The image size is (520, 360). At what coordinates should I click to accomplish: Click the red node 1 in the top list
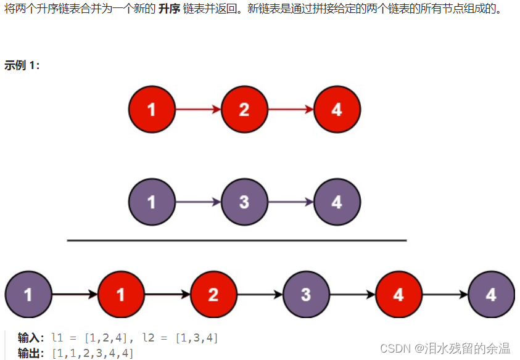152,110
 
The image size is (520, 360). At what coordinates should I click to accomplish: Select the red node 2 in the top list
244,110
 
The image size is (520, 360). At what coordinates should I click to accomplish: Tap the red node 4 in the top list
337,110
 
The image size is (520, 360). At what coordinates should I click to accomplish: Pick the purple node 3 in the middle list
244,202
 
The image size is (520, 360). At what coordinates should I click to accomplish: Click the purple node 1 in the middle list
152,202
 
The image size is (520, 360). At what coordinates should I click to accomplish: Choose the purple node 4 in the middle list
337,202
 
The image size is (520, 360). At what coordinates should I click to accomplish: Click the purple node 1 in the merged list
28,294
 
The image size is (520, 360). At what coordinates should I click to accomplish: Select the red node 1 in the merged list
121,294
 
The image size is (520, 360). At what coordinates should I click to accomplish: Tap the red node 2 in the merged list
213,294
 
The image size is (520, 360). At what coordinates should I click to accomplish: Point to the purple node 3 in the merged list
306,294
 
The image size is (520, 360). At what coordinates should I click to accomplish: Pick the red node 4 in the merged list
398,294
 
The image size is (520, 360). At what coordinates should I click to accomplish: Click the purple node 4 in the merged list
491,294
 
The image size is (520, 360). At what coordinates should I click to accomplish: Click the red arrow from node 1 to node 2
198,110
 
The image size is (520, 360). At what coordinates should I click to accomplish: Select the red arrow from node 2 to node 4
291,110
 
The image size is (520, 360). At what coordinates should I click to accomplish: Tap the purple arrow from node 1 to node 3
198,202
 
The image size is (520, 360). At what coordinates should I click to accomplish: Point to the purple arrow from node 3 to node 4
291,202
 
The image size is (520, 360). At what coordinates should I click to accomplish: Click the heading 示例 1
22,65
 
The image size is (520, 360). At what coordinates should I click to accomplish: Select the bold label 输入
31,338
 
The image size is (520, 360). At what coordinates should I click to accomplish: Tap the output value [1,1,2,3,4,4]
93,353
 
